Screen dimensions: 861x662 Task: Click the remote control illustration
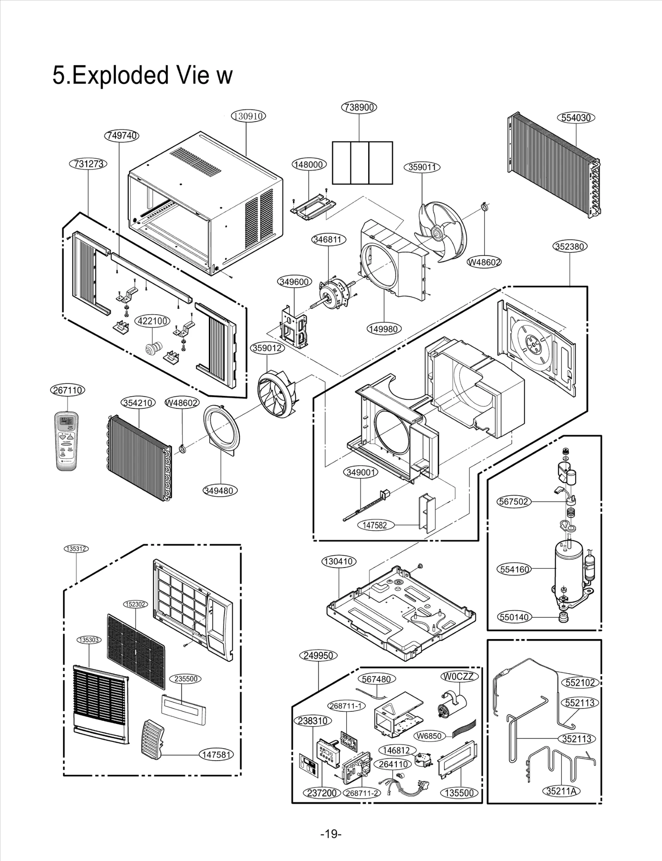coord(68,441)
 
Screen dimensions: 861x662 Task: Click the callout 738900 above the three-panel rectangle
coord(359,107)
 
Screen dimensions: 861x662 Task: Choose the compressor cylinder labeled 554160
coord(568,569)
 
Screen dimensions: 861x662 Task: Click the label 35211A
coord(561,791)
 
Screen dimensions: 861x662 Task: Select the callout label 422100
coord(152,321)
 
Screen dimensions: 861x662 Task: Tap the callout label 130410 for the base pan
coord(339,561)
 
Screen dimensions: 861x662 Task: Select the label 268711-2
coord(361,793)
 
